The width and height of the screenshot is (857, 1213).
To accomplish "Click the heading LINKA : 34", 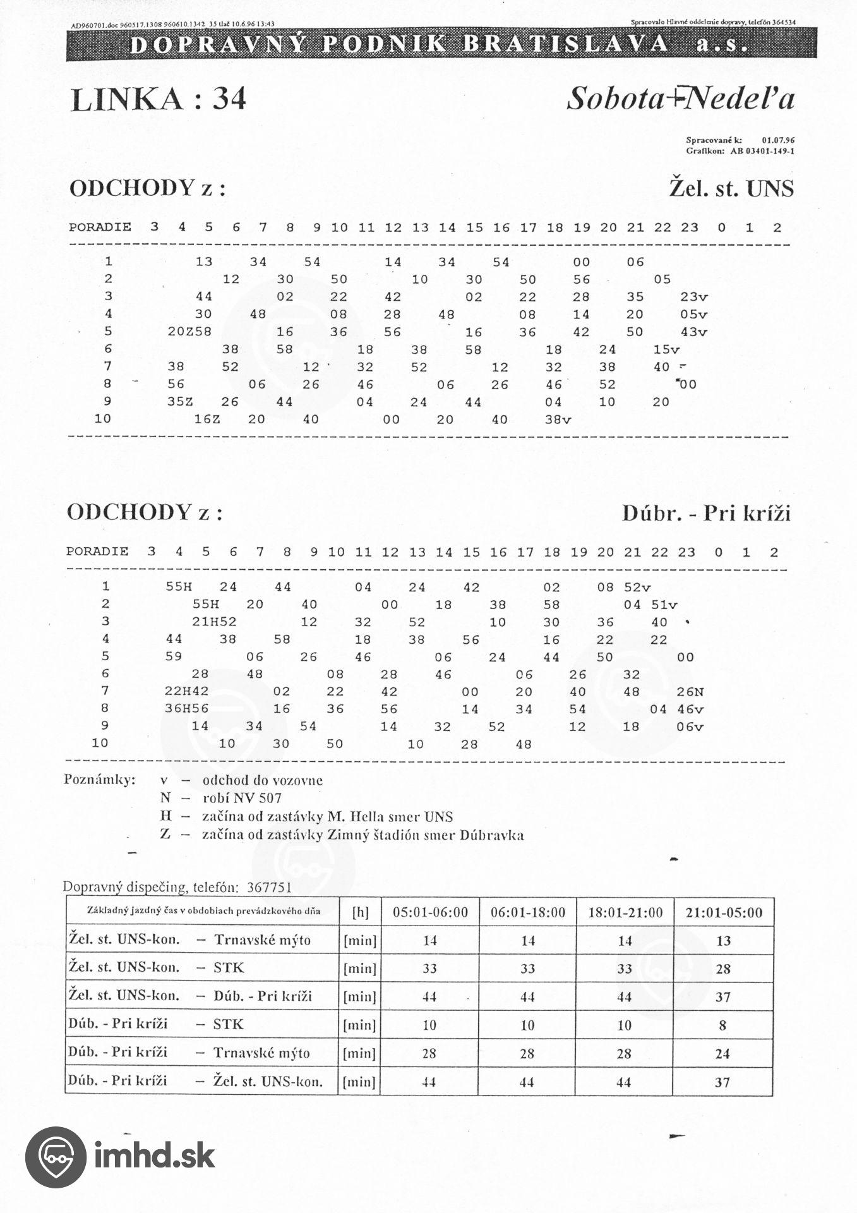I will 158,99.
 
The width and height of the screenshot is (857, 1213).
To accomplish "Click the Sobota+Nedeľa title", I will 680,99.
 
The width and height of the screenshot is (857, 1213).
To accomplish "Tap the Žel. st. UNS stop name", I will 731,189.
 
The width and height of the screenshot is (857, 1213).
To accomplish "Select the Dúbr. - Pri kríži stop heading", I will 706,513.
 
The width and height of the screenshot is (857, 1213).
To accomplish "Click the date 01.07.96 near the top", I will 778,140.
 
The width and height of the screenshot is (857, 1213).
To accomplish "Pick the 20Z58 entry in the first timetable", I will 189,331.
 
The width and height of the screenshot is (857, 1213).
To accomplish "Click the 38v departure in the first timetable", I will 558,419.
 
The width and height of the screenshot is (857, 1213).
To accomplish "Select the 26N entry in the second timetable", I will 690,692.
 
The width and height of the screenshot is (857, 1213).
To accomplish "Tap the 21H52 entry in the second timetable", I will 215,622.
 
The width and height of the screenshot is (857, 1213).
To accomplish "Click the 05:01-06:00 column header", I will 430,912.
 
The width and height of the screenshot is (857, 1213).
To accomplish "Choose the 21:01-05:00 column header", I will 724,912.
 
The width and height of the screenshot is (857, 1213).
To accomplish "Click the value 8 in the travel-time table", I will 723,1025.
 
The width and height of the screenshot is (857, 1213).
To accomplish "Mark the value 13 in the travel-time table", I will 723,941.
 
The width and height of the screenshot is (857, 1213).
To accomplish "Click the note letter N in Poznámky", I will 165,798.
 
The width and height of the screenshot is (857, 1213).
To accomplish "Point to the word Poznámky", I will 100,780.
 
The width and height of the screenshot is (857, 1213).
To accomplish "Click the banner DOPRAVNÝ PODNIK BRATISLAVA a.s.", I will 441,44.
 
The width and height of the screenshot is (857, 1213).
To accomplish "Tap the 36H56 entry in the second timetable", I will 187,709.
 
